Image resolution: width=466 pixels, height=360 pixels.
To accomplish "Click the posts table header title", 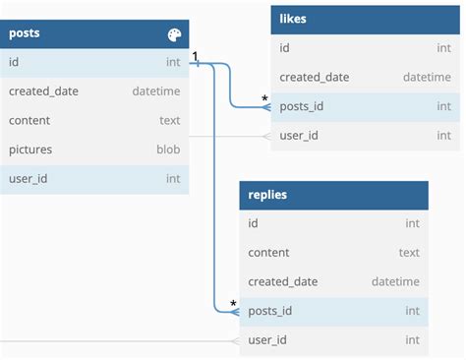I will (25, 33).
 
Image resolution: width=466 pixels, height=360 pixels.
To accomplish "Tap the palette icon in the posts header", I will (174, 35).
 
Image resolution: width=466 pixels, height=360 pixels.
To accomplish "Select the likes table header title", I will (293, 19).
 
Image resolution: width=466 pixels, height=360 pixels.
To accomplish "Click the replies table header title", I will (267, 195).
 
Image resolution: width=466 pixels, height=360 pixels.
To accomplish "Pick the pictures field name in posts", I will (30, 150).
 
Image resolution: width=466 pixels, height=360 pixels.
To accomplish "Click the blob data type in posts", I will (169, 150).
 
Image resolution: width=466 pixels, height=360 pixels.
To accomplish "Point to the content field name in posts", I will (31, 120).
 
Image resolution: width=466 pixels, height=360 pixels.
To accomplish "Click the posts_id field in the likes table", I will (303, 106).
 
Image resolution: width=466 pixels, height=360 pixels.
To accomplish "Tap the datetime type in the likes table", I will (427, 78).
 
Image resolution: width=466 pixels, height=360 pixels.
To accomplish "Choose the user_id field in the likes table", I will (300, 136).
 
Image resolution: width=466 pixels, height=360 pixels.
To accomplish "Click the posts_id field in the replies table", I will (270, 311).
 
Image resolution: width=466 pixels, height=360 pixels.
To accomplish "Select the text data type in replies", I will (409, 253).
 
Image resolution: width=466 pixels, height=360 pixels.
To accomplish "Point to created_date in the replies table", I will (283, 281).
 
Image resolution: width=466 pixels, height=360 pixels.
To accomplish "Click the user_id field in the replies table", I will (267, 340).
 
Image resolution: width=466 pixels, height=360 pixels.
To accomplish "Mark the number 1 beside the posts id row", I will (196, 57).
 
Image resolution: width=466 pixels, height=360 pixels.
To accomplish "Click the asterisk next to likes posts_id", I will (263, 98).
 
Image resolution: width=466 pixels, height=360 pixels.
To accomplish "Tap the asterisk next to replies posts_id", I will (233, 304).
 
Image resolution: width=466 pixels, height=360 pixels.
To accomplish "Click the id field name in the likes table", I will (284, 48).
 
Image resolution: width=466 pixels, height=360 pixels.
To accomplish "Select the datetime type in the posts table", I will (156, 91).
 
